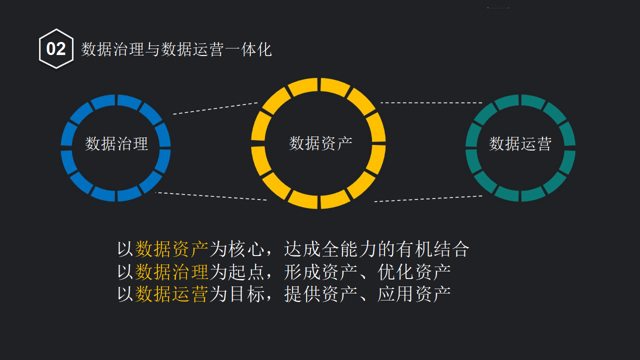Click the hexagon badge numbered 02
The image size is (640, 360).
click(x=56, y=49)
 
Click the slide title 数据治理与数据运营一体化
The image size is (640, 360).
click(x=176, y=49)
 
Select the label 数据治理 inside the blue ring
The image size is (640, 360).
click(x=116, y=144)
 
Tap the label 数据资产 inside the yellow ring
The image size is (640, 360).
click(x=320, y=143)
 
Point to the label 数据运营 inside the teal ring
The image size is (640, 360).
click(x=520, y=144)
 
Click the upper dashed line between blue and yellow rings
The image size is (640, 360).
click(x=215, y=108)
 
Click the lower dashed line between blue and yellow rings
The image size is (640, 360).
click(x=211, y=196)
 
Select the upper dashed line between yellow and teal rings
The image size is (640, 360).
click(x=431, y=103)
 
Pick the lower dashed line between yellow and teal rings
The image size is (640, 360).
click(x=428, y=198)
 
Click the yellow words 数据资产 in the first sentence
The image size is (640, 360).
click(x=171, y=248)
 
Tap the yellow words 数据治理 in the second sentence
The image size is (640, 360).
click(x=171, y=271)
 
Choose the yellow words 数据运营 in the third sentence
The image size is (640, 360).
click(x=171, y=294)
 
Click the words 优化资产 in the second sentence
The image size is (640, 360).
click(x=414, y=271)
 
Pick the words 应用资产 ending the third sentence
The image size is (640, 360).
click(x=414, y=294)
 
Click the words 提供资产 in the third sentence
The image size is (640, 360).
click(x=320, y=294)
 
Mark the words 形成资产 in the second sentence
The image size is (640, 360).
click(x=320, y=271)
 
